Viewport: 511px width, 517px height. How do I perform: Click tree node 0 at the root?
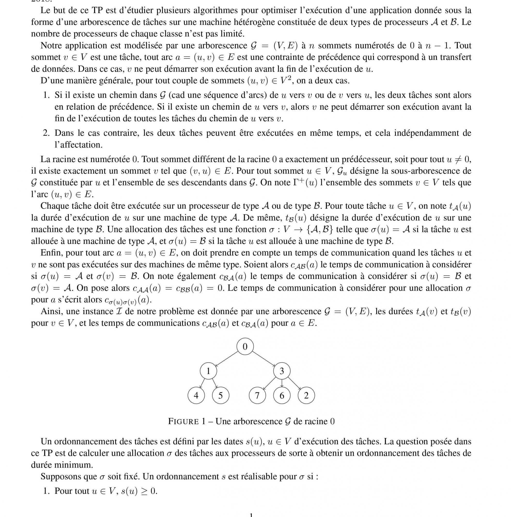point(245,347)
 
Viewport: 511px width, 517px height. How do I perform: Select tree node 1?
point(208,371)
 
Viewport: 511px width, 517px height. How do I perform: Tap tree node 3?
point(282,371)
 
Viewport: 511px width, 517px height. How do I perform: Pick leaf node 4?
point(196,395)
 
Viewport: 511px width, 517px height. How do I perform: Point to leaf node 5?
point(221,395)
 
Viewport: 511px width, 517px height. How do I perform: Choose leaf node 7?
point(257,395)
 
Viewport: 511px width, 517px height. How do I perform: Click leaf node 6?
point(282,395)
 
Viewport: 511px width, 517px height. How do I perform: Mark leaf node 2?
point(306,395)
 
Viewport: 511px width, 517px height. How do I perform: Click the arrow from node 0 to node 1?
point(227,359)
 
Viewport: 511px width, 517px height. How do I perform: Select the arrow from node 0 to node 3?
point(264,359)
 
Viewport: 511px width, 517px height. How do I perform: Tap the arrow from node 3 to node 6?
point(282,383)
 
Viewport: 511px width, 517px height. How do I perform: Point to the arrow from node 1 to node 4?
point(203,383)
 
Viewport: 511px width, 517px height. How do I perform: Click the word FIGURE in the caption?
point(183,421)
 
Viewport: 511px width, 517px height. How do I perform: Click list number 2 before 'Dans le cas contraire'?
point(46,133)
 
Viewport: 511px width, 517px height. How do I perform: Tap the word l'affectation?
point(78,145)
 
